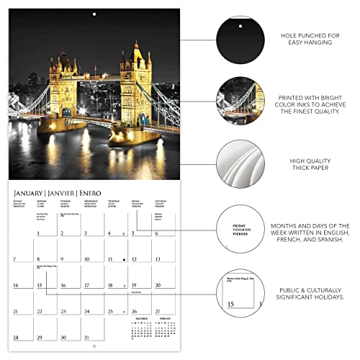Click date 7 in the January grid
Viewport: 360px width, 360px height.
(14, 258)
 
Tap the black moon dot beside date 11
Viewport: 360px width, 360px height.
(125, 258)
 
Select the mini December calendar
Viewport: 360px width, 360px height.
(141, 330)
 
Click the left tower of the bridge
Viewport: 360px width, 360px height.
(63, 86)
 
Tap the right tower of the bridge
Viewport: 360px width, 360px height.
(136, 79)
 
